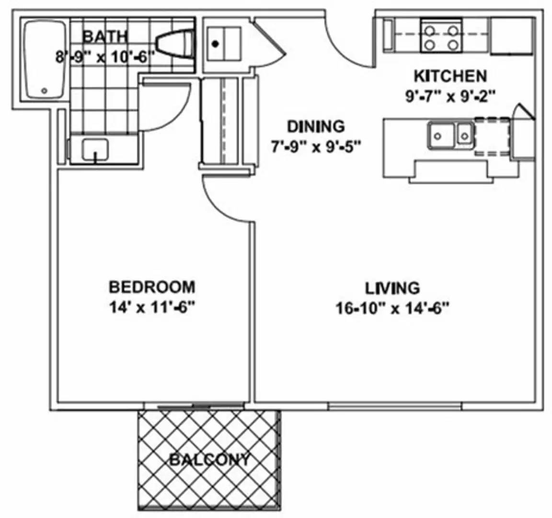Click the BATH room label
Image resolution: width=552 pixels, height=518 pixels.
tap(105, 36)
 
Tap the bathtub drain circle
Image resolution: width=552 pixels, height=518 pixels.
tap(45, 90)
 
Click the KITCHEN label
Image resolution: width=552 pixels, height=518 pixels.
tap(450, 76)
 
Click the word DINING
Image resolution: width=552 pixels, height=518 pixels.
tap(315, 127)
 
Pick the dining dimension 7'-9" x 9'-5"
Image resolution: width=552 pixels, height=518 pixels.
tap(315, 146)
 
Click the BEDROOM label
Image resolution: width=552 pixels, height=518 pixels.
tap(152, 287)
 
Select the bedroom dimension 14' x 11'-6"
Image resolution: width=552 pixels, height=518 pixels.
tap(152, 307)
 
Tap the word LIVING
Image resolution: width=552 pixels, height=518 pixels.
tap(392, 288)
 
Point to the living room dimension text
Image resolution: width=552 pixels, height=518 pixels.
tap(392, 308)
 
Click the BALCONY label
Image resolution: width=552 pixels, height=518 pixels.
tap(209, 460)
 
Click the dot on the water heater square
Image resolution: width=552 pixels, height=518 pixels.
tap(216, 44)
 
